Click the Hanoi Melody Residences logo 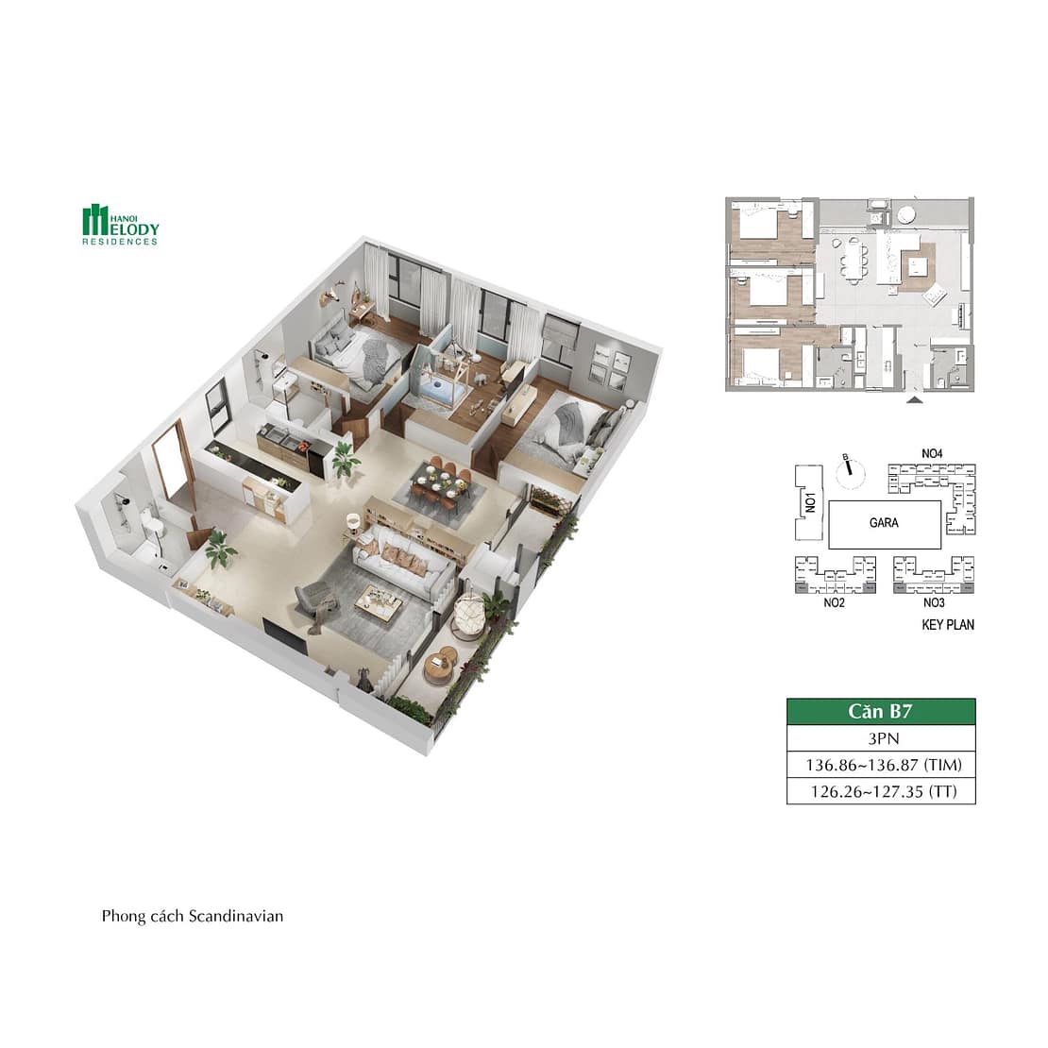pos(120,225)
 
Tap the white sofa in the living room pos(400,562)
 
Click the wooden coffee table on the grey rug pos(378,603)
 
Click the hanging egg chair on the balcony pos(469,618)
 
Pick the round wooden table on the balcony pos(439,666)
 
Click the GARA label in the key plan pos(884,522)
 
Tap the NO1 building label pos(809,498)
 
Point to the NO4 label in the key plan pos(932,454)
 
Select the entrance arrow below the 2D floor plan pos(913,401)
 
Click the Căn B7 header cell pos(880,712)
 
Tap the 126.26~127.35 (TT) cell pos(880,791)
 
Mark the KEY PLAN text pos(947,624)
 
